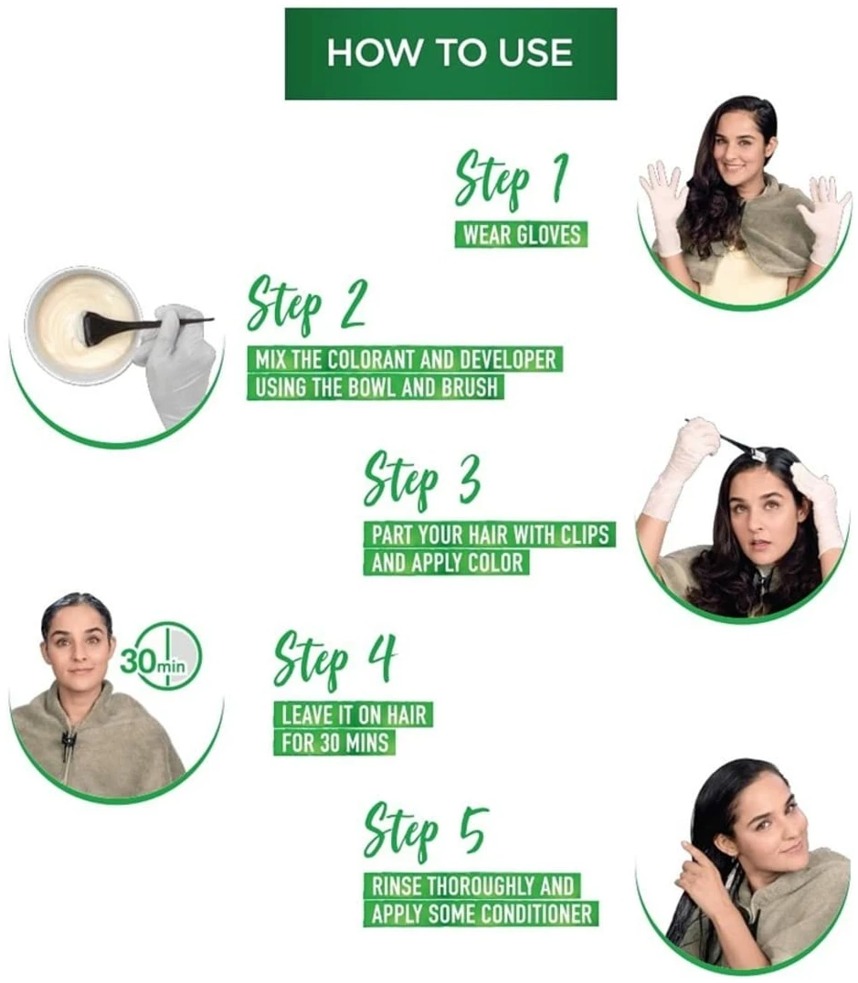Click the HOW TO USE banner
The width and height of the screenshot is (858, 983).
(x=450, y=53)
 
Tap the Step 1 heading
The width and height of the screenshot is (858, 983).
(x=512, y=180)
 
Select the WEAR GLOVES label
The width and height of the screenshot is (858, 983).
(x=521, y=235)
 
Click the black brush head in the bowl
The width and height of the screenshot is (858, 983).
(x=98, y=323)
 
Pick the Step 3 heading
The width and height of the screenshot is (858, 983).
(x=423, y=479)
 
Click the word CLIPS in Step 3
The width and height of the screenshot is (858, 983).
(x=585, y=534)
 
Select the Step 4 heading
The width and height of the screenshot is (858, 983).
(x=335, y=661)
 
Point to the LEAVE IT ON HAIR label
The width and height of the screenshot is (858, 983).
(x=353, y=714)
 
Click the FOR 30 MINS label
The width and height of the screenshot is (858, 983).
(x=335, y=742)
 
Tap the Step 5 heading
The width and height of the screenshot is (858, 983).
(x=425, y=831)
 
